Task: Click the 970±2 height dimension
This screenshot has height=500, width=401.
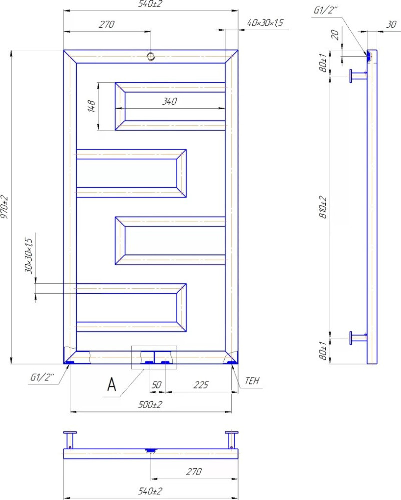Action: [4, 207]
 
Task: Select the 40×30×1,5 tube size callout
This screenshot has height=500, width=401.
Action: [265, 23]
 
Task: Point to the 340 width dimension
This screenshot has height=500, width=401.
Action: [170, 101]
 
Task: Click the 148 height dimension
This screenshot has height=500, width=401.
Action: [91, 106]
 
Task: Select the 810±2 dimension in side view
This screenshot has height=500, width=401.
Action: [323, 207]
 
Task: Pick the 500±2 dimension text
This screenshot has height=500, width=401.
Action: [150, 405]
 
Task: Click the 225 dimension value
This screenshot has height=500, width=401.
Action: [201, 385]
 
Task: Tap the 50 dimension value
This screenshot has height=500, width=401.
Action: [156, 385]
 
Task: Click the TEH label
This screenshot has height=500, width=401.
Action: [252, 381]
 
